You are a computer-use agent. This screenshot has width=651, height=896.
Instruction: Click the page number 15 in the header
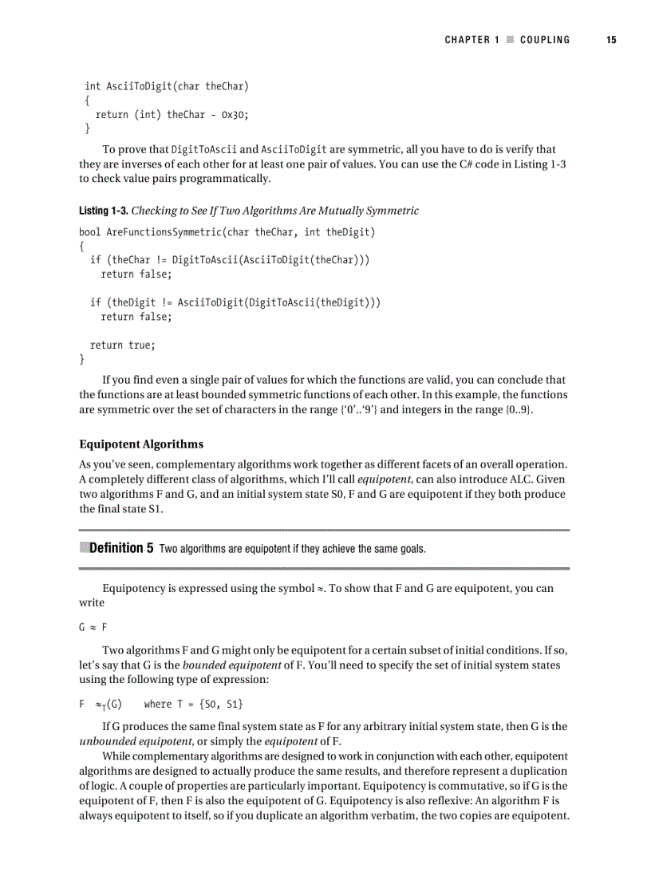(x=610, y=40)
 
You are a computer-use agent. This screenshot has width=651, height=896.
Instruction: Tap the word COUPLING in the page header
(x=545, y=40)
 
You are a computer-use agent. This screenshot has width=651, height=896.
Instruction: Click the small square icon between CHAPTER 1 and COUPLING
(x=508, y=40)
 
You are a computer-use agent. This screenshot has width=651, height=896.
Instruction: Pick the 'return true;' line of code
(x=122, y=345)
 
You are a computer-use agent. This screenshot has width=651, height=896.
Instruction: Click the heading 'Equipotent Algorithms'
(x=141, y=444)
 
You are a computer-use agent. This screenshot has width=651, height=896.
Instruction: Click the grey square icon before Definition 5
(x=85, y=548)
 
